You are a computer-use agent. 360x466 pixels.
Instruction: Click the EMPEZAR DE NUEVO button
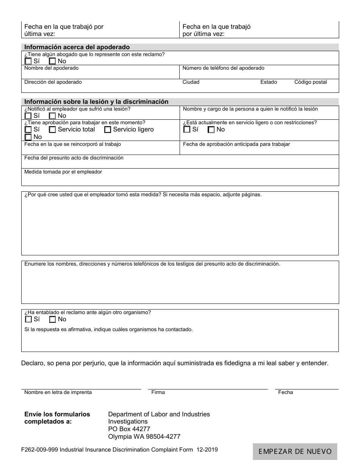pyautogui.click(x=295, y=451)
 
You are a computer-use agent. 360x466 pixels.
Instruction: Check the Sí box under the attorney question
pyautogui.click(x=28, y=61)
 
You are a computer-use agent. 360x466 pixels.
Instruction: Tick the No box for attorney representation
pyautogui.click(x=53, y=61)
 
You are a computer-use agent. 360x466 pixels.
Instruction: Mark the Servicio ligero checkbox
pyautogui.click(x=108, y=130)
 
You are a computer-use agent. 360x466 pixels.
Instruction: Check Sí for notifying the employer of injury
pyautogui.click(x=28, y=116)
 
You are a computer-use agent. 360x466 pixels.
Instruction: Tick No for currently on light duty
pyautogui.click(x=211, y=130)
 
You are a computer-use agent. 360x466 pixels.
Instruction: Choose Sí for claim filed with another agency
pyautogui.click(x=28, y=319)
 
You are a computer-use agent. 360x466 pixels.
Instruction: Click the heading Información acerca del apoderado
pyautogui.click(x=77, y=47)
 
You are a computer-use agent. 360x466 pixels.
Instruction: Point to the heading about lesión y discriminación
pyautogui.click(x=96, y=102)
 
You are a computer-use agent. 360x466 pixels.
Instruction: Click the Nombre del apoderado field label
pyautogui.click(x=52, y=68)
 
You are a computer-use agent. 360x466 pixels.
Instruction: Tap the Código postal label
pyautogui.click(x=310, y=82)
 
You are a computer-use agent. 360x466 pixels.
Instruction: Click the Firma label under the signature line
pyautogui.click(x=158, y=393)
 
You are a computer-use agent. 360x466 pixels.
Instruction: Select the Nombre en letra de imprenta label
pyautogui.click(x=58, y=393)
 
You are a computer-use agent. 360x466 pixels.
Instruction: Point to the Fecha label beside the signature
pyautogui.click(x=285, y=393)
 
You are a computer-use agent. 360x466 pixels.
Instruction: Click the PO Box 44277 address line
pyautogui.click(x=129, y=429)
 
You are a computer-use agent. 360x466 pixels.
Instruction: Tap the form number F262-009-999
pyautogui.click(x=39, y=450)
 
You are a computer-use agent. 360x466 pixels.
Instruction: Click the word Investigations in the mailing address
pyautogui.click(x=128, y=422)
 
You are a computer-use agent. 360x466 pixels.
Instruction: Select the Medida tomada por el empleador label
pyautogui.click(x=63, y=172)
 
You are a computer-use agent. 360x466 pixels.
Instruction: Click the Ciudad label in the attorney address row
pyautogui.click(x=191, y=82)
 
